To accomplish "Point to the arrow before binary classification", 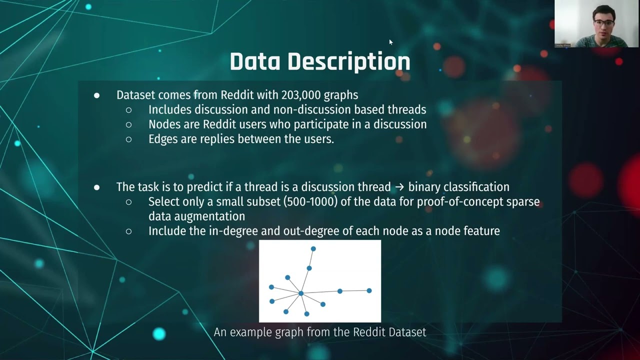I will tap(399, 187).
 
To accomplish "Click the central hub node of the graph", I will tap(301, 293).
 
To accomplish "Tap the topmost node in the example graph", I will tap(313, 248).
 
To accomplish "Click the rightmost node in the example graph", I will tap(369, 290).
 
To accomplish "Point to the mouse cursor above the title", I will tap(390, 42).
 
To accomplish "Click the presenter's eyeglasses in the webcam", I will tap(603, 23).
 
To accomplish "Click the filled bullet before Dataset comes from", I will tap(96, 95).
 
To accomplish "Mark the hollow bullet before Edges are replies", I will tap(128, 139).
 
